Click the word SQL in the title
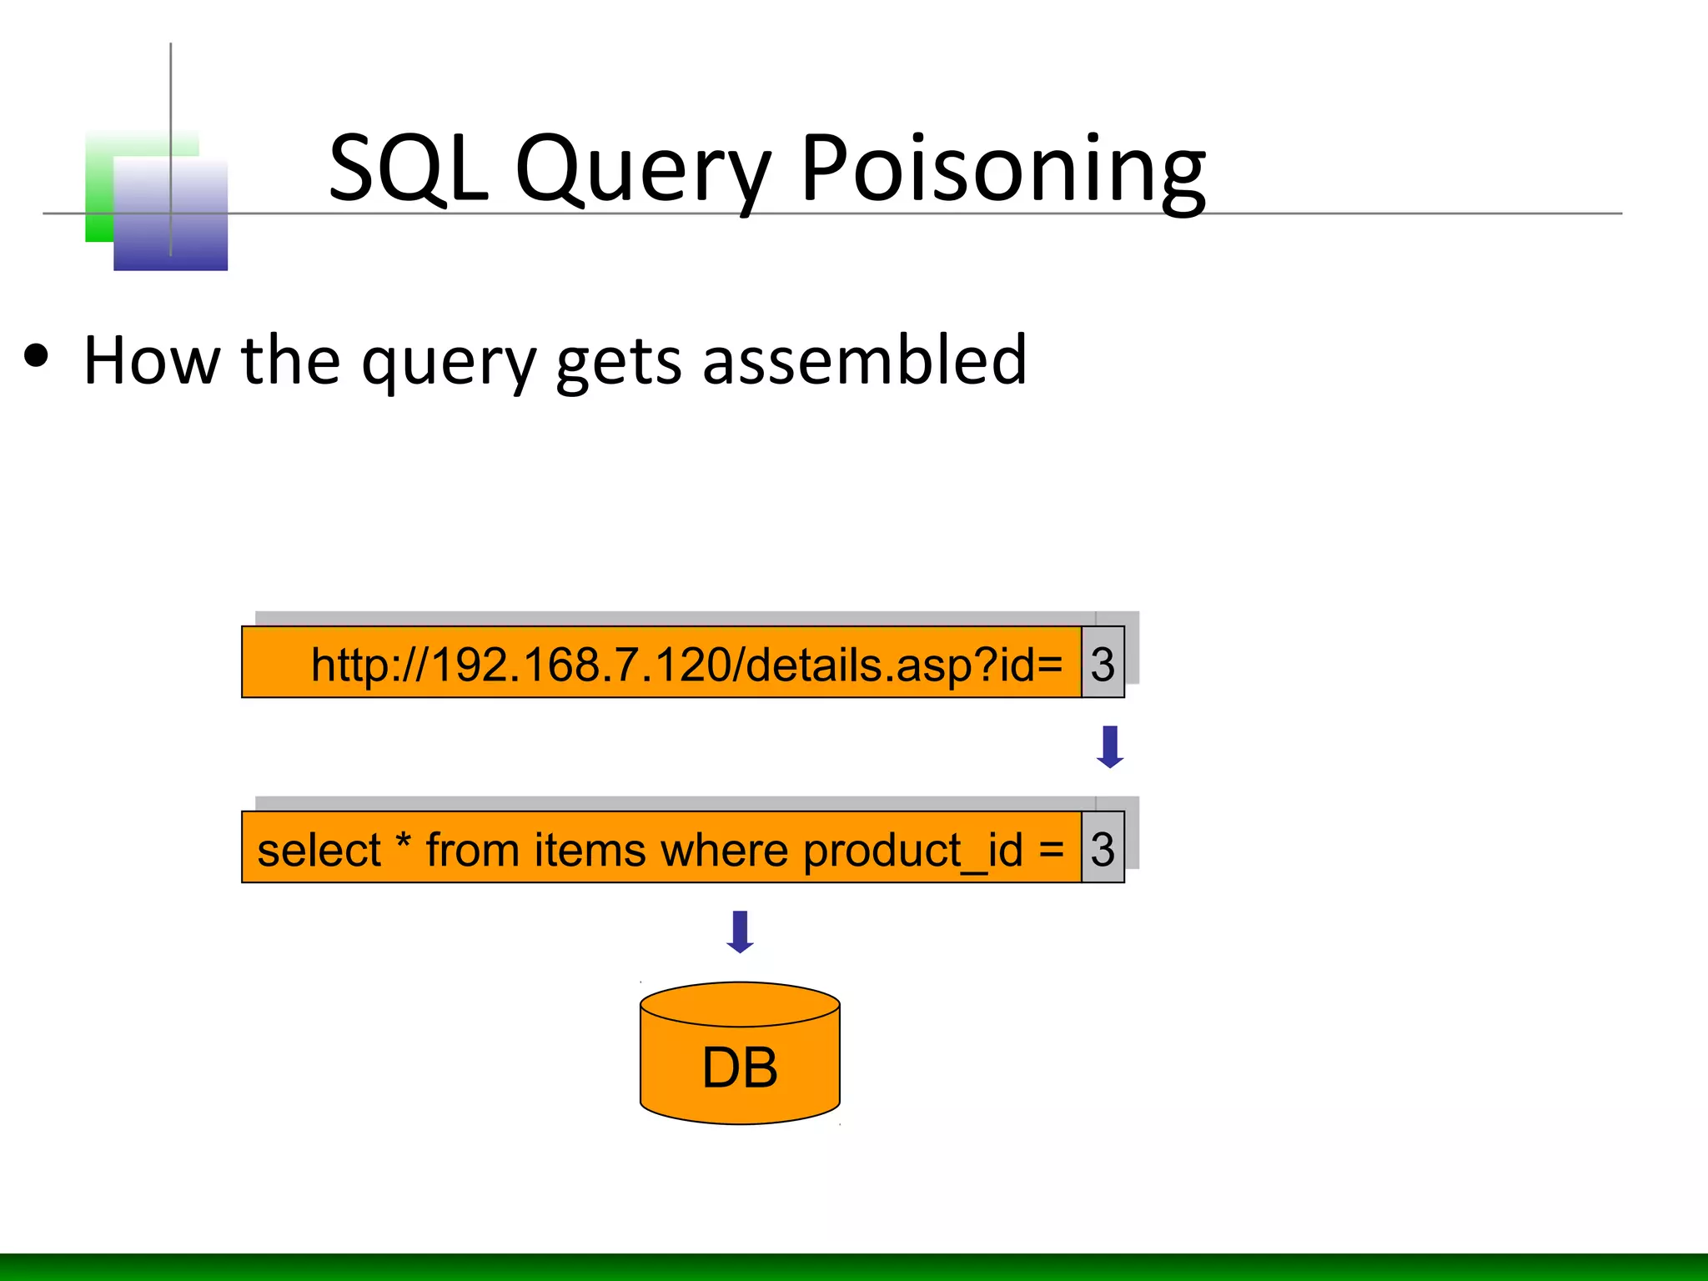tap(407, 168)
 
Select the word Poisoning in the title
tap(1002, 171)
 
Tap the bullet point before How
tap(37, 357)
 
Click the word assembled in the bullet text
tap(864, 360)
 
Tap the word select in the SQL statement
tap(319, 851)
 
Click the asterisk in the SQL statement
tap(404, 841)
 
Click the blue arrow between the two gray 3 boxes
tap(1109, 746)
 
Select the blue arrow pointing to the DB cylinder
tap(740, 932)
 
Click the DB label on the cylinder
tap(740, 1067)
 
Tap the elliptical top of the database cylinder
tap(740, 1003)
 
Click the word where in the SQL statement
tap(724, 851)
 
